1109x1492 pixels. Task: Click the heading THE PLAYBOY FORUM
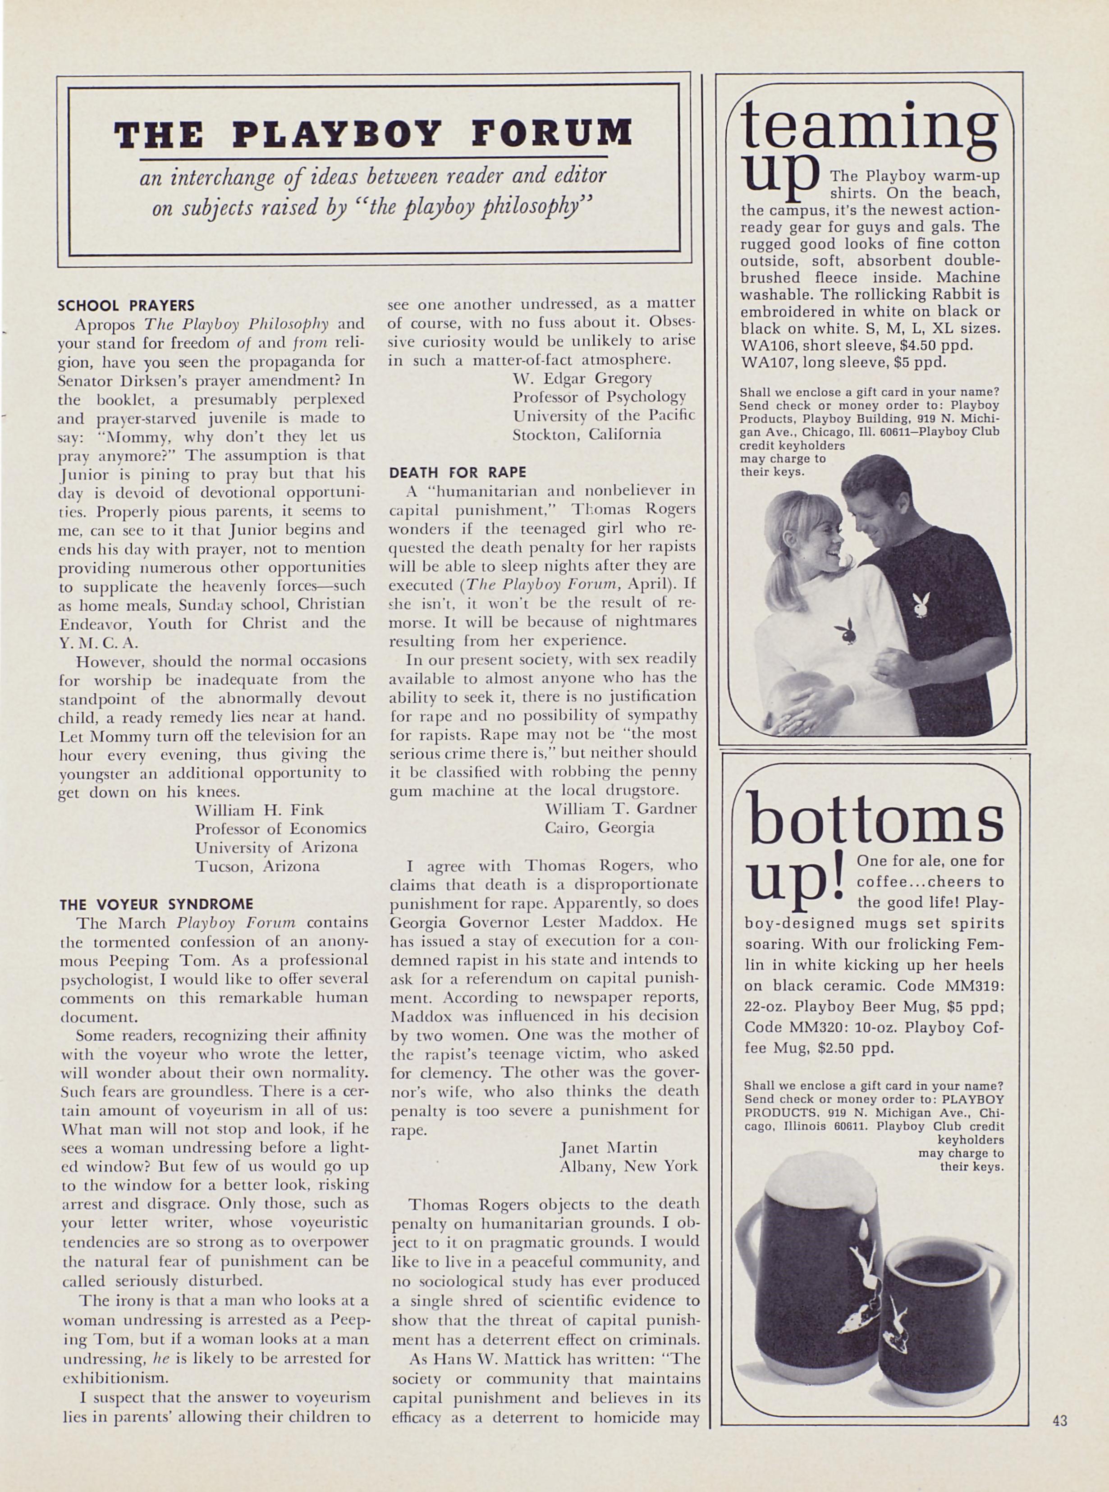tap(373, 133)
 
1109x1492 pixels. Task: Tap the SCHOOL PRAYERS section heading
tap(126, 306)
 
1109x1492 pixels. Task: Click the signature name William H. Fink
tap(259, 810)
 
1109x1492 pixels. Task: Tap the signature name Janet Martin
tap(608, 1147)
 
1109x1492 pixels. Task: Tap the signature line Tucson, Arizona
tap(257, 866)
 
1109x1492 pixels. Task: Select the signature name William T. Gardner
tap(621, 808)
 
